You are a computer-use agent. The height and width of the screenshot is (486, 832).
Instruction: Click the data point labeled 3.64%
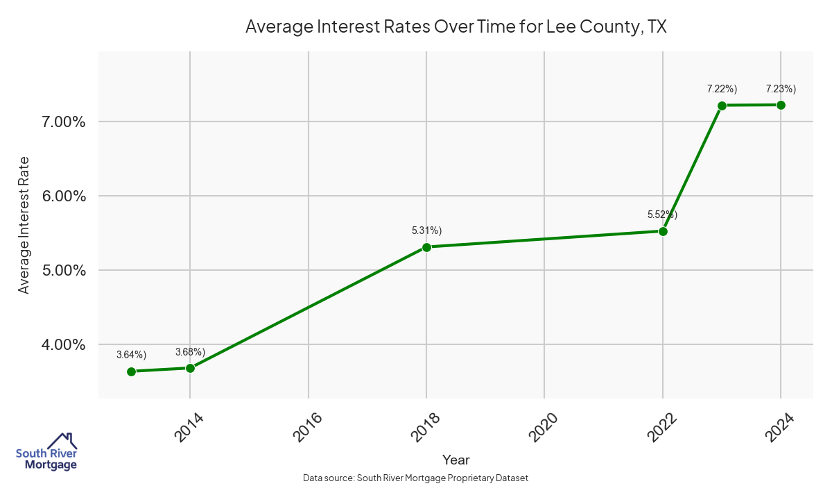[131, 371]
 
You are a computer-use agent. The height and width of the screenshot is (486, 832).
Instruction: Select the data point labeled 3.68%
[190, 368]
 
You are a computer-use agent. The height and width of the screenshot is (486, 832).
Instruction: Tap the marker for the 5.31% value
[426, 247]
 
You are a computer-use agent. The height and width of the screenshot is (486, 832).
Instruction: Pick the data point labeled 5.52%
[663, 231]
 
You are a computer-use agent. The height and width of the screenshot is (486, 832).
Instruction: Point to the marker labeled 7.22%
[722, 106]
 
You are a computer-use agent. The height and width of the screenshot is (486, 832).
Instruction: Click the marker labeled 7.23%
[781, 105]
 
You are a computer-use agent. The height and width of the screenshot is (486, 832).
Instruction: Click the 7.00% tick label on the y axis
[59, 122]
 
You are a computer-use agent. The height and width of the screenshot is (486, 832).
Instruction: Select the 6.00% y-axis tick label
[59, 196]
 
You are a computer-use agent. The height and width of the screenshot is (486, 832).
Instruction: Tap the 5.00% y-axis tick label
[59, 271]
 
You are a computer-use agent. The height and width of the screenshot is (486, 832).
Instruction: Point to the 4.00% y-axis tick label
[59, 345]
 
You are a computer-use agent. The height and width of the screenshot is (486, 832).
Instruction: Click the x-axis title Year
[456, 460]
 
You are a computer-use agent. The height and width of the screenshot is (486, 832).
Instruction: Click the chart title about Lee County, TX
[456, 27]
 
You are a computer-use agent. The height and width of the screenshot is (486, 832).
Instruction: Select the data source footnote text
[415, 478]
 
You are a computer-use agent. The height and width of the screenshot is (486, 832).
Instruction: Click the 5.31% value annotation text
[426, 231]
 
